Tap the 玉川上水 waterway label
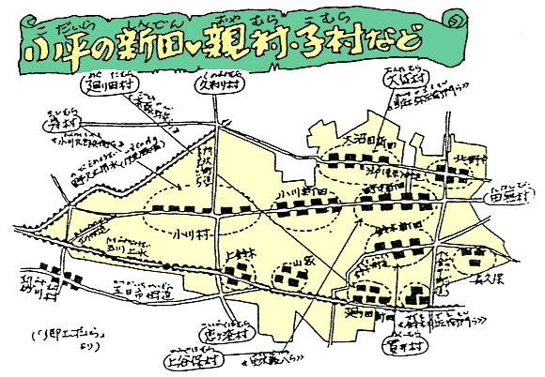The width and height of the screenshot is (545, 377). (110, 250)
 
